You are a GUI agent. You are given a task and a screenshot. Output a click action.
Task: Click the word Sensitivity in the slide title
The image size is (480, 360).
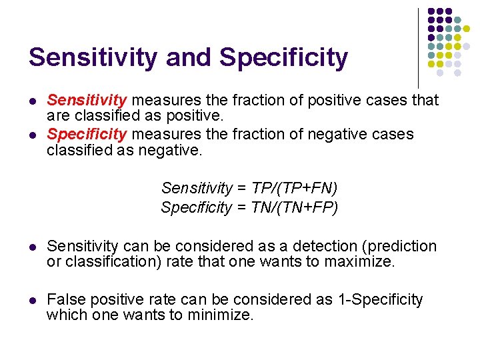(93, 57)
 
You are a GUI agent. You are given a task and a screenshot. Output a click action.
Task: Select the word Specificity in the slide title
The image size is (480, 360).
(284, 57)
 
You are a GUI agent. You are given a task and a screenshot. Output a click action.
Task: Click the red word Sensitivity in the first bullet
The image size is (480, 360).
(87, 101)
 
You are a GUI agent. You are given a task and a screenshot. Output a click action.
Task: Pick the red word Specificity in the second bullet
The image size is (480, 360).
(87, 134)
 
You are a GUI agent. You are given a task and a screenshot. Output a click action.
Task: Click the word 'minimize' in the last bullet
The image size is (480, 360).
(222, 315)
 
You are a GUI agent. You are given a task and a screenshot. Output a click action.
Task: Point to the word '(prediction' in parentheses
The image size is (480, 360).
(398, 246)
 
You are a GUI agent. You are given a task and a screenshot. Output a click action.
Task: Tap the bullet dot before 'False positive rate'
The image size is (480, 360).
(31, 300)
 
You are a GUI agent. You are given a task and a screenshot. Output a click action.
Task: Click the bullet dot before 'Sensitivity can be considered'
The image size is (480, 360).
(31, 247)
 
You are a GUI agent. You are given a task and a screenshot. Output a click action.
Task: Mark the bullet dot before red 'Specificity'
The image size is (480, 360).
(31, 135)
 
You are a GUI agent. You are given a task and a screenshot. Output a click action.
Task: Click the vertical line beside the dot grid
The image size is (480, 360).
(418, 47)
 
